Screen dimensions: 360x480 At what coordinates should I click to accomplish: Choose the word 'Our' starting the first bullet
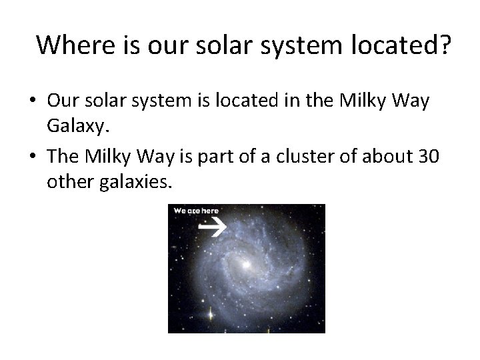[63, 101]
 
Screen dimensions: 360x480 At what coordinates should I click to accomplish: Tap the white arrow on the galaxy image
[213, 228]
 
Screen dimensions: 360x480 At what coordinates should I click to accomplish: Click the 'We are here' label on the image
[196, 211]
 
